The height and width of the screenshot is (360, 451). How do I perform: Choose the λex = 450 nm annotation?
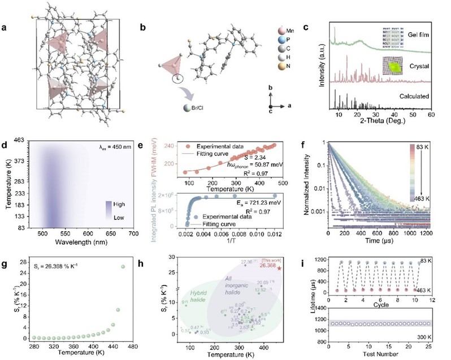tap(120, 146)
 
